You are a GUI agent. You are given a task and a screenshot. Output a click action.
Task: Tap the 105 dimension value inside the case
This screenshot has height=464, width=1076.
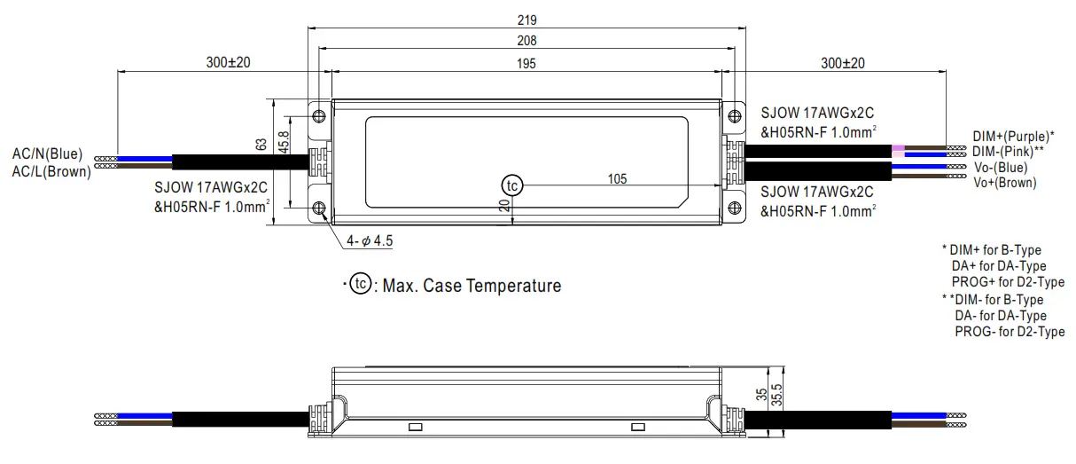(617, 179)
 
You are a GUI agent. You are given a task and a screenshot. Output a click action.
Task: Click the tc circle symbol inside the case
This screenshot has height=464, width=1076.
(512, 185)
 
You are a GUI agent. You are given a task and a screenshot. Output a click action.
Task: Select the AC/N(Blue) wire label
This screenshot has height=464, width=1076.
(48, 155)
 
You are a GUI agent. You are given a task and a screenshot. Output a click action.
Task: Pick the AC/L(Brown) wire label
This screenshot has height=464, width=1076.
(51, 172)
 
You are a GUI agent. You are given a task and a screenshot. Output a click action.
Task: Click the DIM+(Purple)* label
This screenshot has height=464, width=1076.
(1013, 137)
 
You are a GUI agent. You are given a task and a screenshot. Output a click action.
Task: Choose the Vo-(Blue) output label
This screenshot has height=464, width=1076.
(999, 167)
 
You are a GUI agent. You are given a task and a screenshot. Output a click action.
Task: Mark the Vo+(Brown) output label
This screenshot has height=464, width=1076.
(1004, 182)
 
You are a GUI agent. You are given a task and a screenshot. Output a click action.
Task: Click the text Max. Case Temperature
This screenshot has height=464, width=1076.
(472, 287)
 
